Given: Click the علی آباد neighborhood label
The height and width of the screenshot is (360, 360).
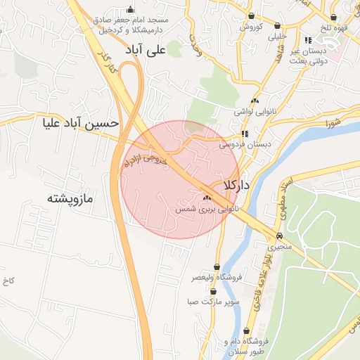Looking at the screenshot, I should click(x=162, y=50).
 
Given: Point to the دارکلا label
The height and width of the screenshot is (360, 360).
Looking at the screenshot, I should click(x=236, y=185).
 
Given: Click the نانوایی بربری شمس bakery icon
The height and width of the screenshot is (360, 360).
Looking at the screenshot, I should click(x=207, y=199).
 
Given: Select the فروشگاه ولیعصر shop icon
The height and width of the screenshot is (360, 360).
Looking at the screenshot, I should click(x=217, y=267).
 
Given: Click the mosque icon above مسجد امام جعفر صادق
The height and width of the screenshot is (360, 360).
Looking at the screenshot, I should click(x=129, y=10).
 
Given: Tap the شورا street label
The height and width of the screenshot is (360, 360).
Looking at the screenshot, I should click(x=333, y=124).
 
